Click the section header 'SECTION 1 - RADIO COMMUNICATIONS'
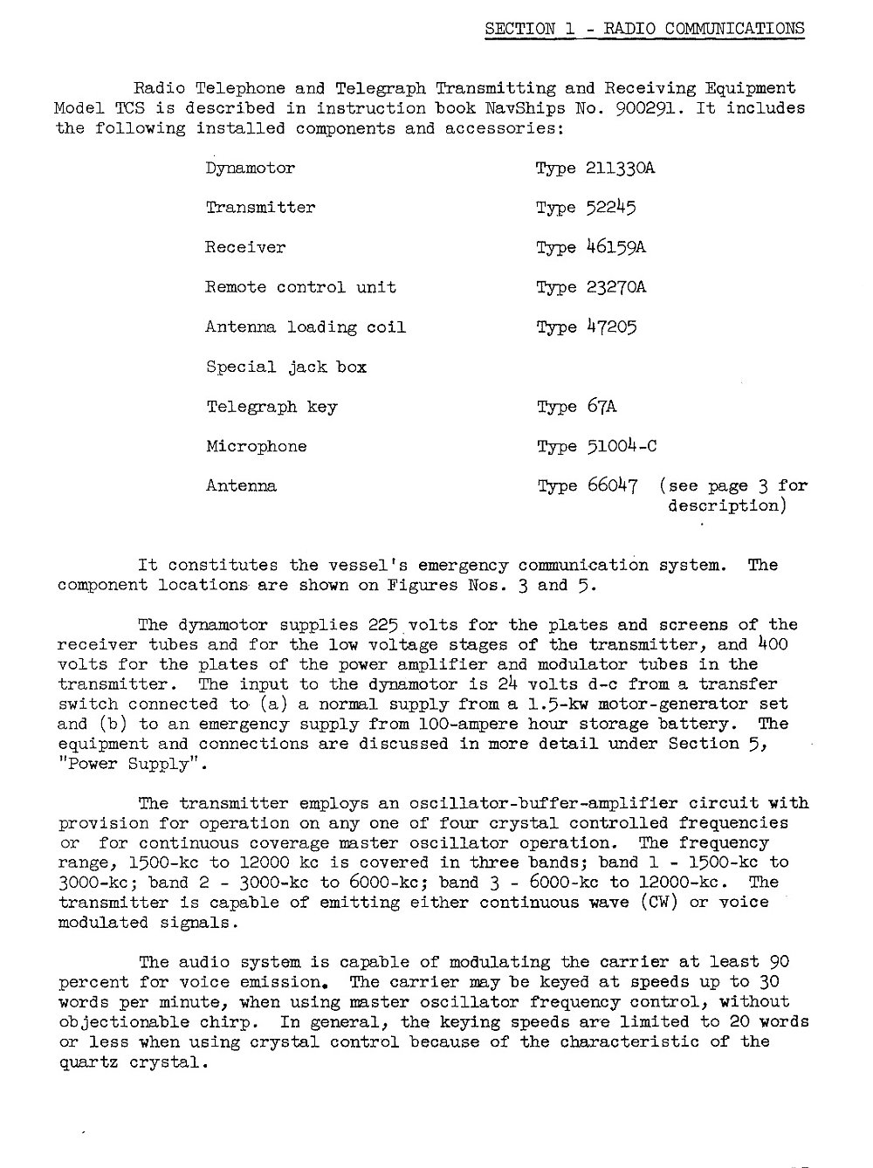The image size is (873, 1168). [644, 28]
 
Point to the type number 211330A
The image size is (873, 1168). [621, 168]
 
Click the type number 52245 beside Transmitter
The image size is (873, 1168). [611, 208]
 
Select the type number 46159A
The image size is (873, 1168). [615, 248]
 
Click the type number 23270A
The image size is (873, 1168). [616, 287]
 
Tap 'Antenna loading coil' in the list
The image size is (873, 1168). [306, 327]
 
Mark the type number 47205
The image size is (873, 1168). [611, 327]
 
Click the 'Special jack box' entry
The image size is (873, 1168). [286, 368]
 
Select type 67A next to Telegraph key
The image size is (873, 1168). [601, 407]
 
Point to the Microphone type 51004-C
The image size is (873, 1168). [622, 447]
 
